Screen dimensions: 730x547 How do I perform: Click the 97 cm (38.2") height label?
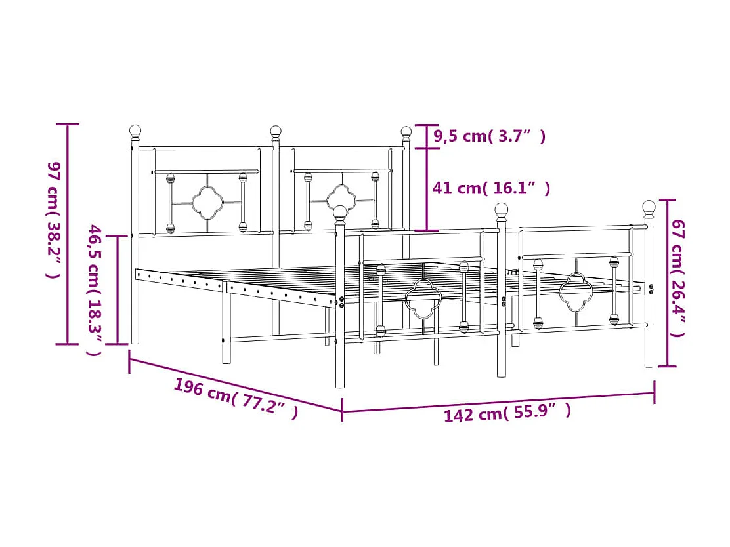pyautogui.click(x=54, y=220)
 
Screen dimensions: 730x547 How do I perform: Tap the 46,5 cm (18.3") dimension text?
pyautogui.click(x=95, y=291)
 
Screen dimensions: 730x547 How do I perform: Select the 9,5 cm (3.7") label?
pyautogui.click(x=489, y=136)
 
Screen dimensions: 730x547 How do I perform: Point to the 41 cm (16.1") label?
pyautogui.click(x=491, y=188)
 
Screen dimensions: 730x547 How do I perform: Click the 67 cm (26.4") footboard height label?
pyautogui.click(x=678, y=278)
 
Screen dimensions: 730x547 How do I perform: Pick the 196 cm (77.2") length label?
pyautogui.click(x=236, y=399)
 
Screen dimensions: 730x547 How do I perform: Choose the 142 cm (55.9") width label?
pyautogui.click(x=507, y=413)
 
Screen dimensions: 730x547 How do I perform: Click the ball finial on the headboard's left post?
pyautogui.click(x=135, y=132)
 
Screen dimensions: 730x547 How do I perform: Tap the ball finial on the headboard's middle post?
pyautogui.click(x=276, y=132)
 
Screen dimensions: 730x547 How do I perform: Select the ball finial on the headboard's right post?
pyautogui.click(x=406, y=132)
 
